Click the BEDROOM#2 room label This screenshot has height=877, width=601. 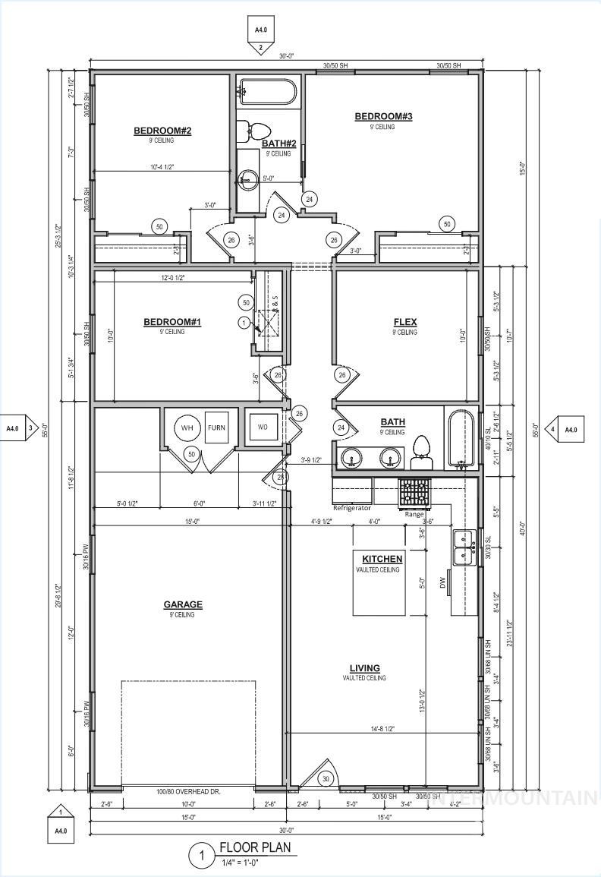pos(162,131)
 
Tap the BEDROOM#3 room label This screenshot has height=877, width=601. pos(383,116)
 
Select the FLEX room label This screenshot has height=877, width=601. pos(404,322)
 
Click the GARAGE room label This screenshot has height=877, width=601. pos(183,605)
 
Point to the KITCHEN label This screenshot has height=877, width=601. pos(382,559)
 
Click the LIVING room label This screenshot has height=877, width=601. pos(364,668)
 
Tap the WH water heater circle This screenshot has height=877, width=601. pos(186,427)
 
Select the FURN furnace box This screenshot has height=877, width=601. pos(216,427)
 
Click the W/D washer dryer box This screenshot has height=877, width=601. pos(262,427)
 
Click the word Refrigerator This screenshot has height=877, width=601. pos(352,507)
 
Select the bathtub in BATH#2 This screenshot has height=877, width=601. pos(266,93)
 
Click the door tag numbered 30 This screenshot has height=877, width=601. pos(326,779)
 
